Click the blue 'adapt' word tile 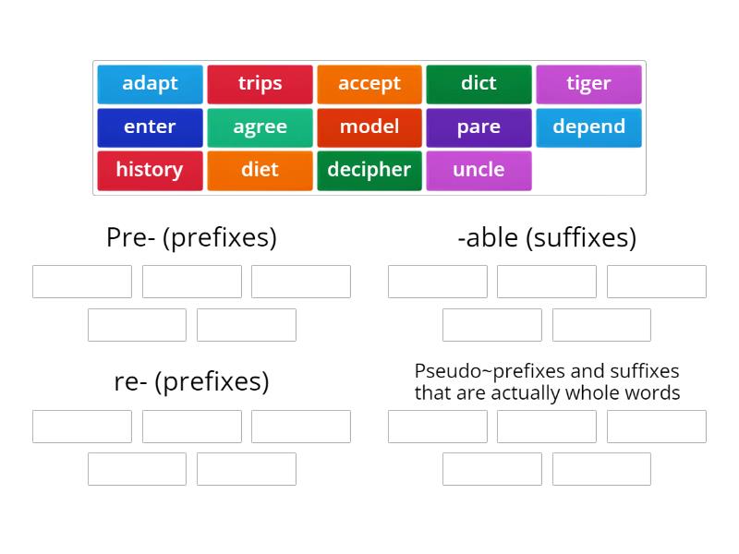[x=150, y=84]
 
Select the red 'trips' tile [x=260, y=84]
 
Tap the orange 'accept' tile [x=369, y=84]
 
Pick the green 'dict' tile [x=479, y=84]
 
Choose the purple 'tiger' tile [x=588, y=84]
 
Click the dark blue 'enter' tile [x=150, y=127]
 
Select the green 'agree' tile [x=260, y=127]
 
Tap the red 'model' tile [x=369, y=127]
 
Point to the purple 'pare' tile [x=479, y=127]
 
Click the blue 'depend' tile [x=588, y=127]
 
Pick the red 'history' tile [x=150, y=171]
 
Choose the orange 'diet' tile [x=260, y=171]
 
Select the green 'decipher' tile [x=369, y=171]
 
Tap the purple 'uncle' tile [x=479, y=171]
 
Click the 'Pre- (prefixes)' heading [x=191, y=238]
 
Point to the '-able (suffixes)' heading [x=547, y=238]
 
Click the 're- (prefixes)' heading [x=191, y=381]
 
